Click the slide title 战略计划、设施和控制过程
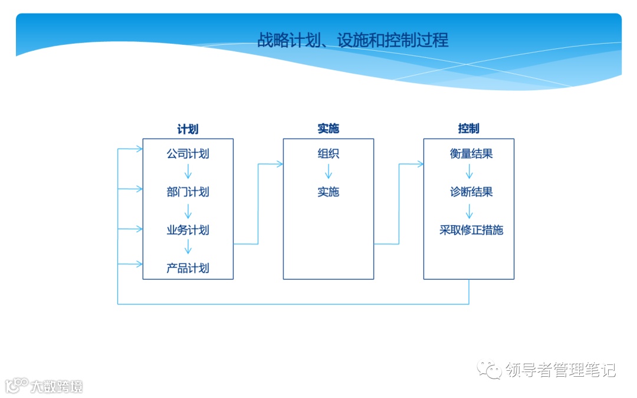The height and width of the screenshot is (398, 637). pos(353,40)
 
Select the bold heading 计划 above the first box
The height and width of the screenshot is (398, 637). pos(188,129)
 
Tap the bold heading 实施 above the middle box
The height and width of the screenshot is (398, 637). pos(328,129)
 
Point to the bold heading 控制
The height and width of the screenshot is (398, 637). pos(468,129)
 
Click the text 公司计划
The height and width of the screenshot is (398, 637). pos(188,154)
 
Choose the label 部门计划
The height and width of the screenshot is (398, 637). pos(188,192)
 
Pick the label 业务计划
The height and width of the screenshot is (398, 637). pos(188,230)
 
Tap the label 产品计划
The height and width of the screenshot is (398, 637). pos(188,268)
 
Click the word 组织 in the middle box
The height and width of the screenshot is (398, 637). pos(328,154)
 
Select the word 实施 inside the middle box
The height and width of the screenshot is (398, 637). pos(328,192)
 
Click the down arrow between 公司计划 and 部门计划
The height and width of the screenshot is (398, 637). pos(188,172)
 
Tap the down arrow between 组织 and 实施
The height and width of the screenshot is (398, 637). pos(329,172)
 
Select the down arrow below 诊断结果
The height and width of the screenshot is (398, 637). pos(469,211)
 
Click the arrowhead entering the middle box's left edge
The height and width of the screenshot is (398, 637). pos(279,164)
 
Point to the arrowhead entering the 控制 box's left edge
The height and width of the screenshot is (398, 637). pos(419,164)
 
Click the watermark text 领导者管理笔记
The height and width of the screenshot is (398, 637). pos(560,370)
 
